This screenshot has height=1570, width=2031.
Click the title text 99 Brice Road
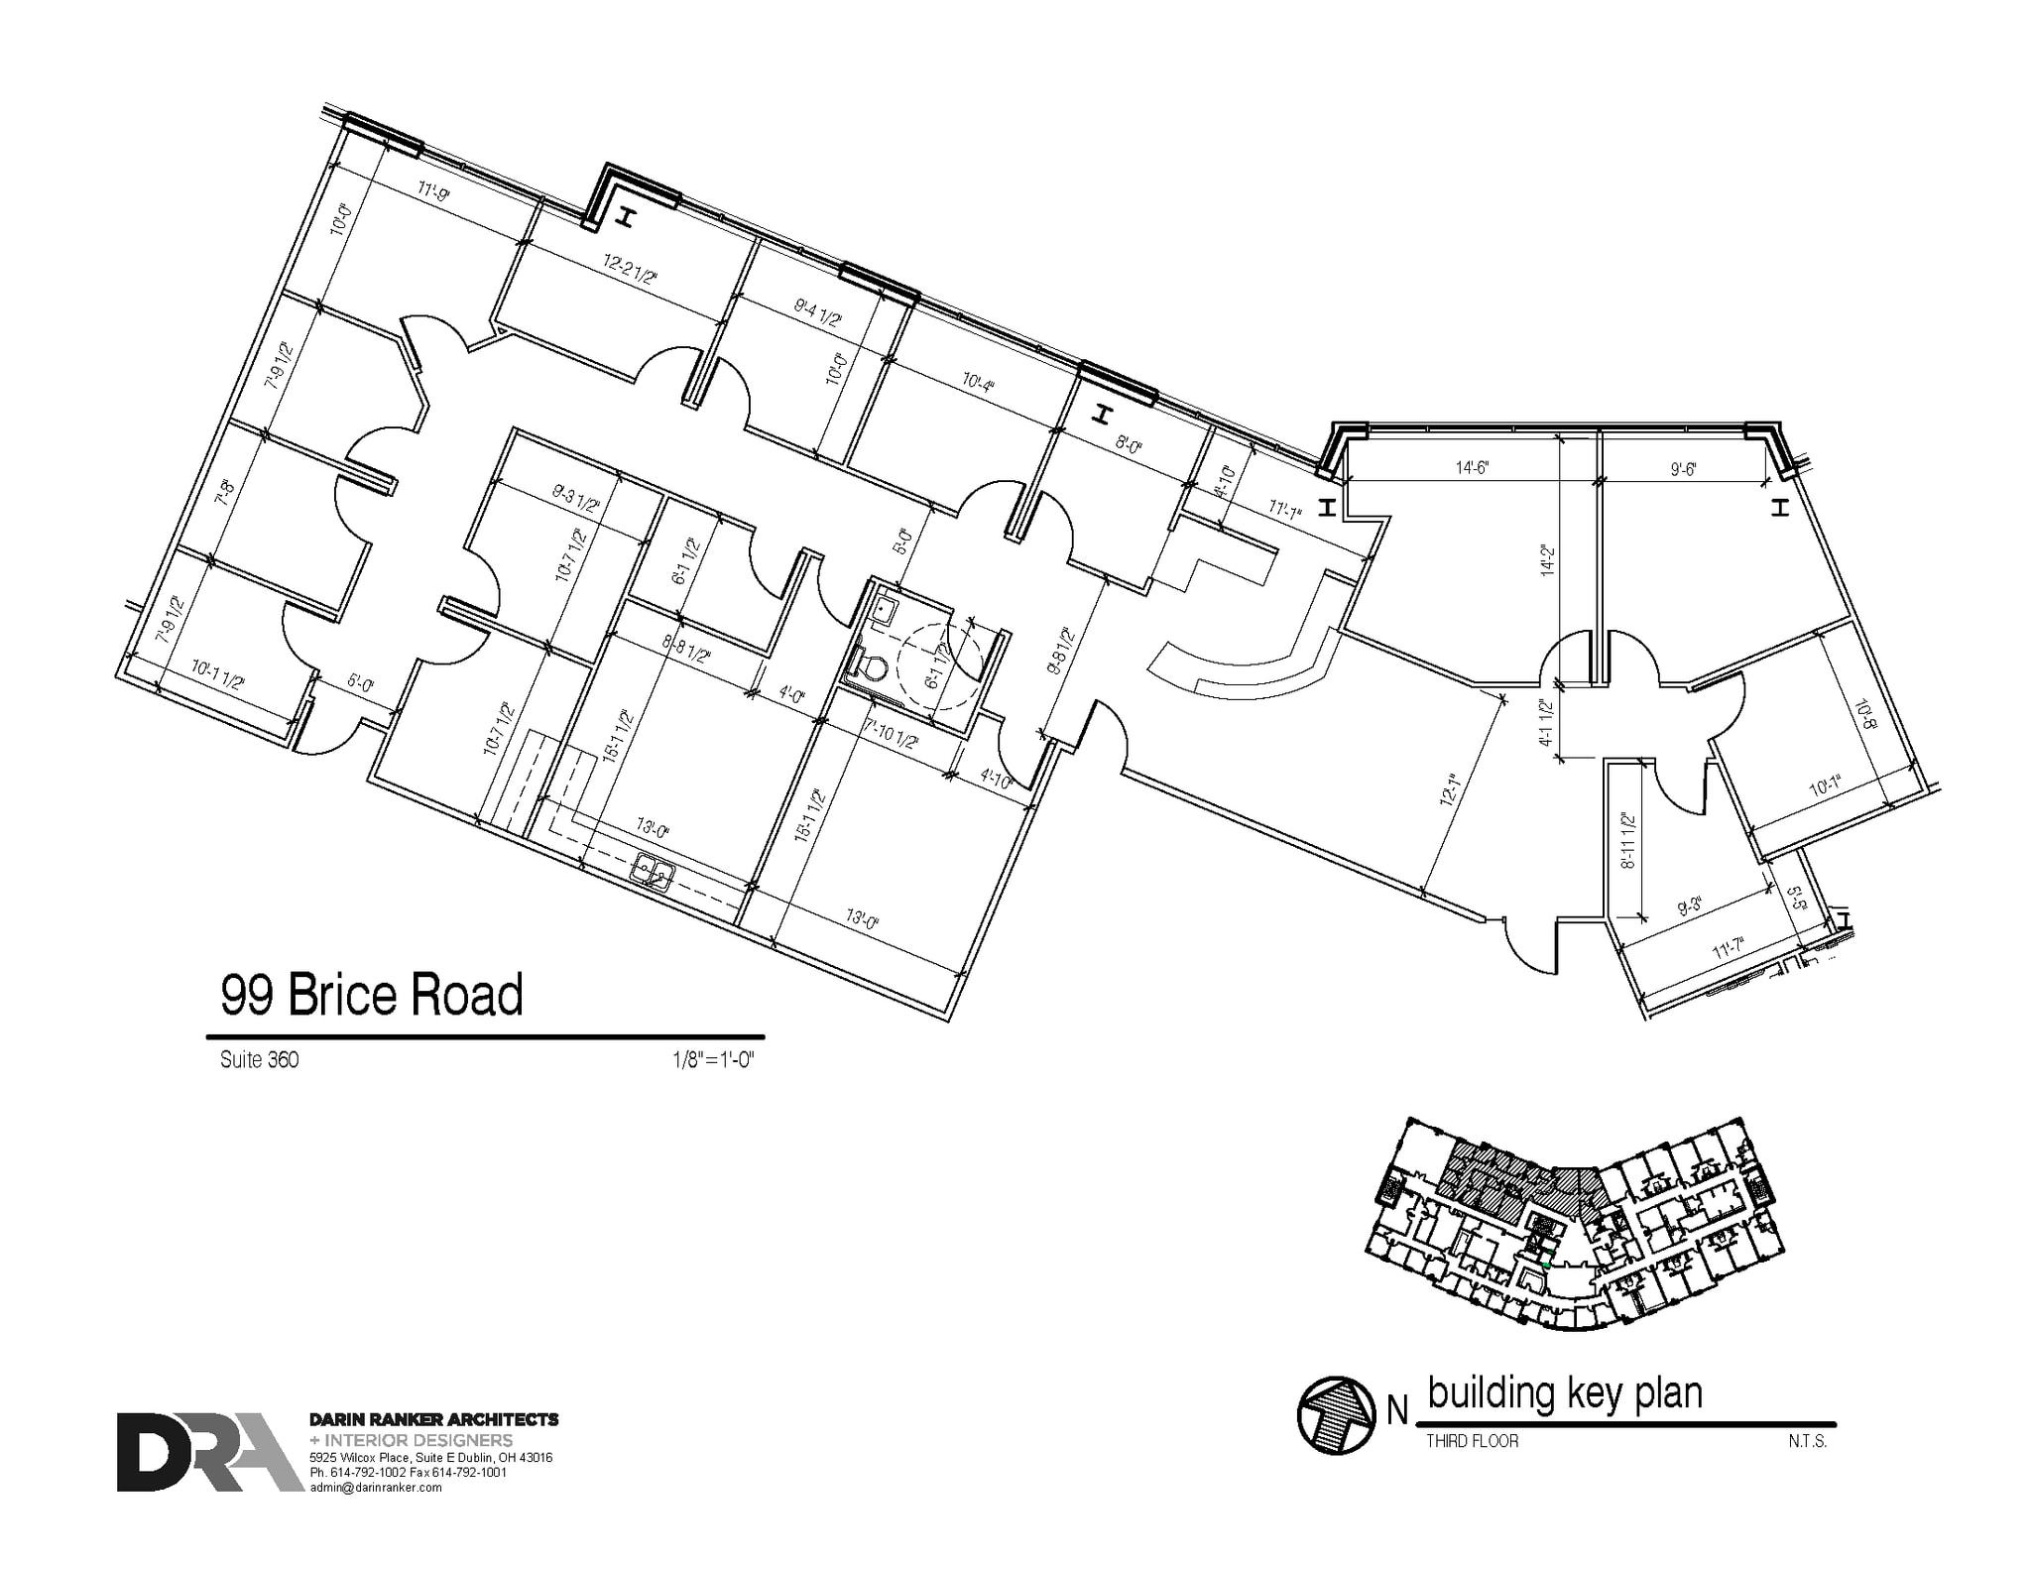(x=371, y=995)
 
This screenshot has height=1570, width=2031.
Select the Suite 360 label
(x=259, y=1060)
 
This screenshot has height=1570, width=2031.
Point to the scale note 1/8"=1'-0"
(x=713, y=1060)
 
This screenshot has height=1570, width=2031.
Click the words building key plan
(x=1565, y=1393)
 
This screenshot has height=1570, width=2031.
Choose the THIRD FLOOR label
(x=1472, y=1441)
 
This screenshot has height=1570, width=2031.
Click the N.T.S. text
(x=1807, y=1441)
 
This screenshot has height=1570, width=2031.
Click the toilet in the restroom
(x=870, y=665)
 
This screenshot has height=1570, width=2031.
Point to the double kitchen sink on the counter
(x=654, y=874)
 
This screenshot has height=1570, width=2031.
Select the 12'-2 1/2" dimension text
(x=630, y=270)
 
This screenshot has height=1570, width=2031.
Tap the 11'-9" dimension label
(x=433, y=190)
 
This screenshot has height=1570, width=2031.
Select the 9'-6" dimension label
(x=1683, y=470)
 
